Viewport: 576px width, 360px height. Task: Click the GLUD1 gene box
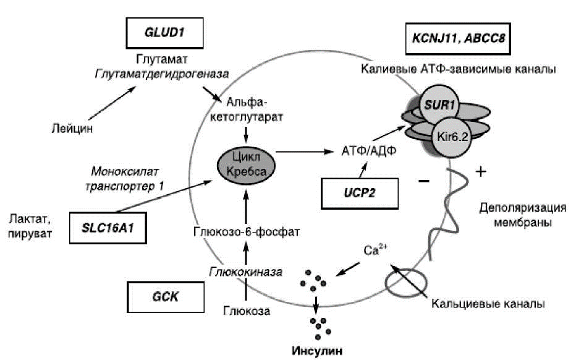(x=164, y=33)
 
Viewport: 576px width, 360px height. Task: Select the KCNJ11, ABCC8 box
(x=458, y=38)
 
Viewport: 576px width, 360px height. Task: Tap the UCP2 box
(x=360, y=194)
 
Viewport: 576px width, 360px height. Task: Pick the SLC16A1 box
(x=108, y=228)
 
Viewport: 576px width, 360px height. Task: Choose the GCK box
(x=165, y=297)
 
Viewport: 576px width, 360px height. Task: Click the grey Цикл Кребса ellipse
(x=246, y=165)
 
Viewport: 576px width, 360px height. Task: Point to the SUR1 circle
(x=439, y=105)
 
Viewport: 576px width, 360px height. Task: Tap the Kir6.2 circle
(x=452, y=137)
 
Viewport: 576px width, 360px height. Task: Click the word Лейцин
(x=72, y=128)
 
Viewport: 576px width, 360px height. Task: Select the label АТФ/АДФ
(x=369, y=151)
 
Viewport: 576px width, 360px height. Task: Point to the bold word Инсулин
(x=317, y=351)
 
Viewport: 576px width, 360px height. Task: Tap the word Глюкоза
(x=247, y=311)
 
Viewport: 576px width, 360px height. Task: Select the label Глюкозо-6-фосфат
(x=246, y=232)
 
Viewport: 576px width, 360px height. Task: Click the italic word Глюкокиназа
(x=246, y=272)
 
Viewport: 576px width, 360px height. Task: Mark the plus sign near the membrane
(x=481, y=171)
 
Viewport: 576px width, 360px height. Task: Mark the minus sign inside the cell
(x=424, y=181)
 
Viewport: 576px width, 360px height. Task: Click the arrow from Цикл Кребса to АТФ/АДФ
(x=305, y=151)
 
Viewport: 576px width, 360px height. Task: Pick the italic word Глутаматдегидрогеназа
(x=162, y=74)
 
